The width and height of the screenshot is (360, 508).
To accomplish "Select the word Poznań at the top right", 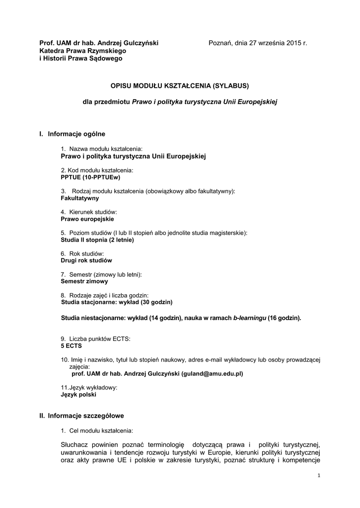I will pos(219,43).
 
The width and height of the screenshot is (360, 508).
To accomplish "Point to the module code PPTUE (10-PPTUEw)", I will pos(90,177).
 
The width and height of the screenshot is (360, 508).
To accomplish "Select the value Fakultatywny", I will pos(79,198).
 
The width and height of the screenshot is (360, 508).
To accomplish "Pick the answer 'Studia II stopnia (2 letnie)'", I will pos(97,240).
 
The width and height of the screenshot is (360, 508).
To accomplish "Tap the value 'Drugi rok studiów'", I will pos(86,260).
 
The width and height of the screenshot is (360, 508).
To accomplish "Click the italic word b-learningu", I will pos(250,317).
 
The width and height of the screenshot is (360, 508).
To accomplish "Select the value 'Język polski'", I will pos(78,395).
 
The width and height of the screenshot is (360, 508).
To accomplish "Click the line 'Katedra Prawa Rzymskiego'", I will pos(83,51).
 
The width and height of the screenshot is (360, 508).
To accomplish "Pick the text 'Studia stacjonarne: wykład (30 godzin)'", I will pos(117,302).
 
